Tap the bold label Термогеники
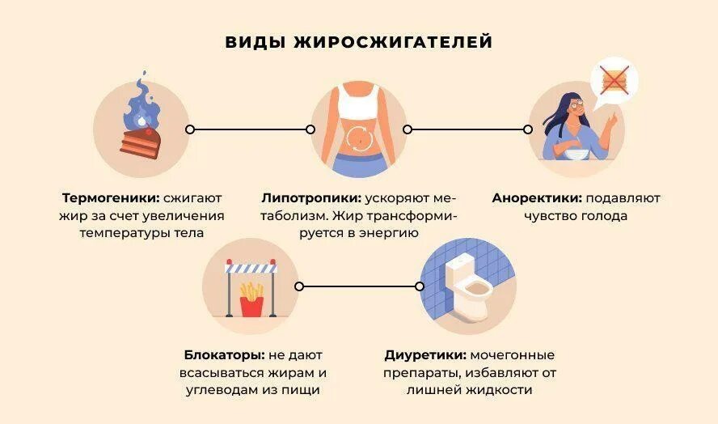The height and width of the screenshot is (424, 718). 110,197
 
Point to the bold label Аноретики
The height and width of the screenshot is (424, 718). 536,197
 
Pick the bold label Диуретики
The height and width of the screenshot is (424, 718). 425,355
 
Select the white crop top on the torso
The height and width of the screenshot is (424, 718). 358,104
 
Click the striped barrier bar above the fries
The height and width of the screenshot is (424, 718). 251,269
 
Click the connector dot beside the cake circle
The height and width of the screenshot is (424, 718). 190,129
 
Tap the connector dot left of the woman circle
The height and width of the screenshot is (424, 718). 528,129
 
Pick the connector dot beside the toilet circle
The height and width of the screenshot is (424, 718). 420,286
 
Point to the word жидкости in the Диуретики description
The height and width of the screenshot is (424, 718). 500,390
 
